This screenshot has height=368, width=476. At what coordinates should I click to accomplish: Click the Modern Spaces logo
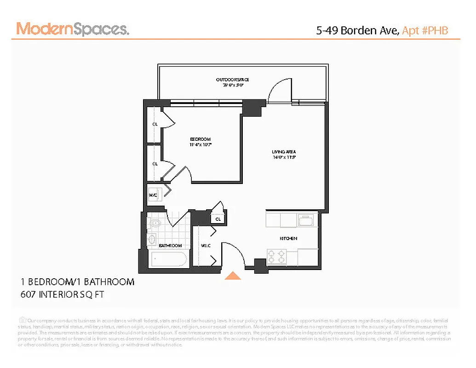(73, 29)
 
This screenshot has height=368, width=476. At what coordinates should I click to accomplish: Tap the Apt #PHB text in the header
(425, 30)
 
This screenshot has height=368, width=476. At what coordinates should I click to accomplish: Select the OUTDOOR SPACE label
(233, 80)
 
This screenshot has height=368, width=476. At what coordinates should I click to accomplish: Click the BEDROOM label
(200, 139)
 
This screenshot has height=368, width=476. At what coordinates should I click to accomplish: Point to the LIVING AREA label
(283, 152)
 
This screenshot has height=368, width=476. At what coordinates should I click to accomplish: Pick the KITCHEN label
(288, 238)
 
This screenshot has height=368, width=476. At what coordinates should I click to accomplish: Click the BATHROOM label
(170, 246)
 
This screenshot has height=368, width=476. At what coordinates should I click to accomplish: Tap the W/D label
(153, 195)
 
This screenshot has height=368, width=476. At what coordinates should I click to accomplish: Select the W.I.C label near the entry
(205, 246)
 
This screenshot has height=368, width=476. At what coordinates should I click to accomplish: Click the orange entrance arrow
(233, 276)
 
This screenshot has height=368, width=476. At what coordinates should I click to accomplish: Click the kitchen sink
(305, 220)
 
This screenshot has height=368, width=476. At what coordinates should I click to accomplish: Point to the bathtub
(169, 260)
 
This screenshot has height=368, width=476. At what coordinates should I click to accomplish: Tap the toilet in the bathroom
(155, 224)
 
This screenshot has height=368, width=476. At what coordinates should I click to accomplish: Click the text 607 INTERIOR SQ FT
(63, 294)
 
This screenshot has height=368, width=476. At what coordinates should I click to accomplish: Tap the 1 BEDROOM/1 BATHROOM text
(77, 282)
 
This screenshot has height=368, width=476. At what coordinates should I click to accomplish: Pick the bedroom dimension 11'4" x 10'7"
(200, 145)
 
